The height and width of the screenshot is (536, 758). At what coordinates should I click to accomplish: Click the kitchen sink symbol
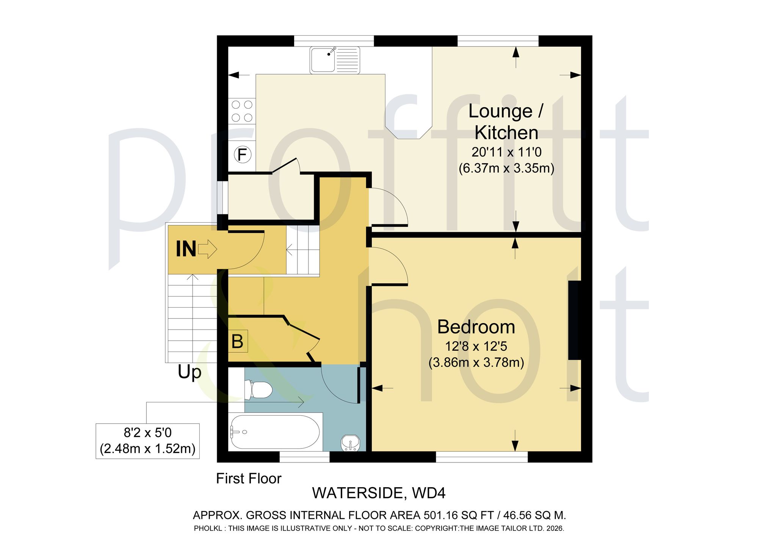(x=335, y=60)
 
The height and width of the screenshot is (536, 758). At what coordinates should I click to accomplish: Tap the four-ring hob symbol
(x=242, y=111)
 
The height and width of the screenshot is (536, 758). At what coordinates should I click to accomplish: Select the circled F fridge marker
(x=242, y=155)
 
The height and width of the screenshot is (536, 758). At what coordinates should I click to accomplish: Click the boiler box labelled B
(x=238, y=341)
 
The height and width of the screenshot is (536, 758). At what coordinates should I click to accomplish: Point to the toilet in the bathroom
(x=258, y=389)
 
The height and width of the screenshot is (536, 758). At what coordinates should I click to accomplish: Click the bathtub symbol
(x=275, y=432)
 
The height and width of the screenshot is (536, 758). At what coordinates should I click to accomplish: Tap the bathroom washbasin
(x=351, y=443)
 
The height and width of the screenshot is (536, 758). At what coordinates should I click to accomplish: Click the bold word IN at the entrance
(x=186, y=249)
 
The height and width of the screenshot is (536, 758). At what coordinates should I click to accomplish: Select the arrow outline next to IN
(x=207, y=249)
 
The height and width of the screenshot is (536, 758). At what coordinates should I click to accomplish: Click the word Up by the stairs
(x=189, y=372)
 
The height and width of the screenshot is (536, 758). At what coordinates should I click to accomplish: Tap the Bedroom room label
(x=476, y=327)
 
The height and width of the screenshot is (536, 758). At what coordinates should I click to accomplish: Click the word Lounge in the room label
(x=501, y=111)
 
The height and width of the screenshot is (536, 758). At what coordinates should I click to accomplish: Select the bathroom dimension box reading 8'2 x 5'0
(x=147, y=441)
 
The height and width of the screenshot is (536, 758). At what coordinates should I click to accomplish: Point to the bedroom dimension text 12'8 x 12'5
(x=476, y=346)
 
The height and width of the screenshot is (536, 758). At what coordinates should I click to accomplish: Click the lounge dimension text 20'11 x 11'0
(x=507, y=152)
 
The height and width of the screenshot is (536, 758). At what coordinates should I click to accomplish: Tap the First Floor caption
(x=249, y=479)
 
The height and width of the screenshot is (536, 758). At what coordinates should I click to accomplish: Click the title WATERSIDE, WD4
(x=379, y=493)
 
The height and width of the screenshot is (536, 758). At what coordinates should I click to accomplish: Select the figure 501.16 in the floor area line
(x=440, y=515)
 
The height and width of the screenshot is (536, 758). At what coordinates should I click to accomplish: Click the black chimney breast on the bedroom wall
(x=575, y=320)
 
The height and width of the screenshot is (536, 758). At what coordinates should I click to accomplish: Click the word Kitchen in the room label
(x=506, y=133)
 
